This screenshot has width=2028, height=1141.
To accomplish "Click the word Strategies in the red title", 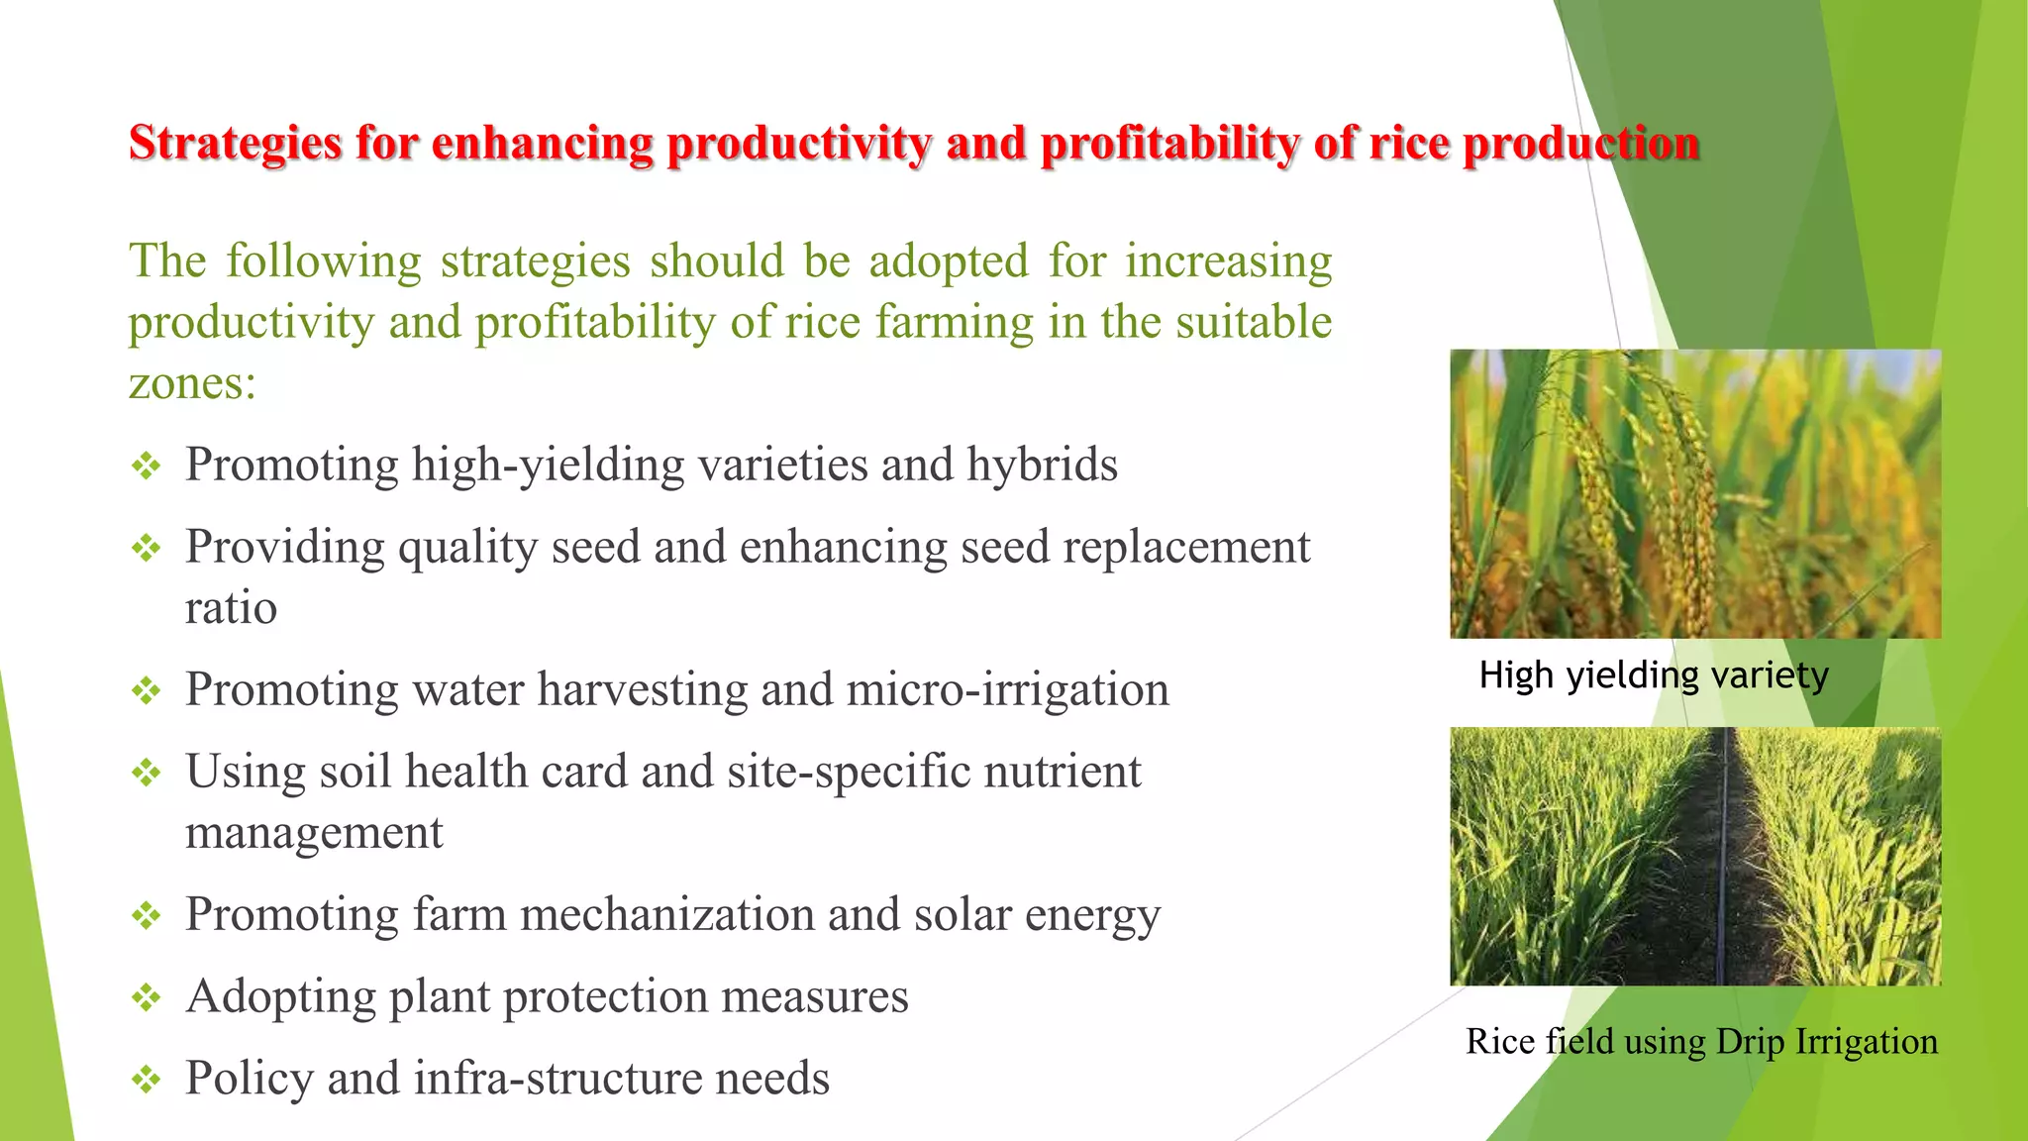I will click(235, 144).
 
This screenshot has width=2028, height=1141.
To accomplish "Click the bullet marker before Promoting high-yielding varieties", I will click(147, 466).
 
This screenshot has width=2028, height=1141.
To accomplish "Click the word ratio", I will click(231, 608).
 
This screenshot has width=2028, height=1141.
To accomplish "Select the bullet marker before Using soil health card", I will click(147, 773).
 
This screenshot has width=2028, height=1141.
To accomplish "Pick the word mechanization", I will click(666, 915).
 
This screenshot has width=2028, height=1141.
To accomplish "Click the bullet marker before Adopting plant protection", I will click(147, 997).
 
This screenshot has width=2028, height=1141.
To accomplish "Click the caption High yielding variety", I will click(1653, 675).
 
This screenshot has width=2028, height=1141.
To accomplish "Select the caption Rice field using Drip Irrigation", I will click(1700, 1042).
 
